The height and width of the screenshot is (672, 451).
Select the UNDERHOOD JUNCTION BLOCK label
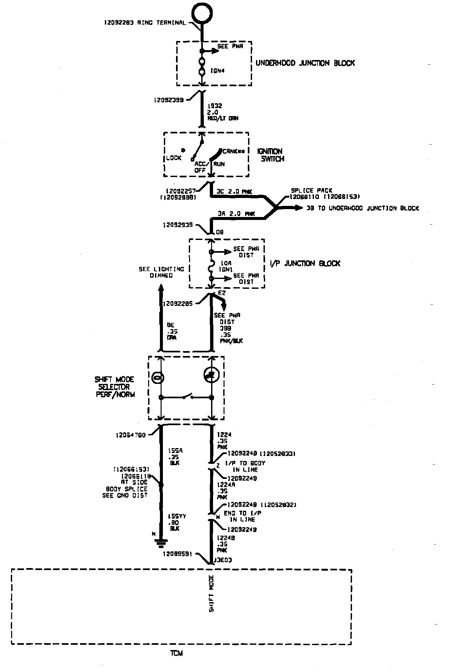(305, 63)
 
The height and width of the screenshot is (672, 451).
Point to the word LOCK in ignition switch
(174, 158)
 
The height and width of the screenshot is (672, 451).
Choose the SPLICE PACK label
(311, 190)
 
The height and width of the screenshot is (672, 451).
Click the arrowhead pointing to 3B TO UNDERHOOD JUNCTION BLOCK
(299, 208)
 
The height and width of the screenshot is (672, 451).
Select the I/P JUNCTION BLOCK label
(305, 263)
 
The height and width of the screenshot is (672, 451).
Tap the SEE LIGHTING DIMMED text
(161, 272)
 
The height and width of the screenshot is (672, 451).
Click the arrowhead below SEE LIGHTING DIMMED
(161, 288)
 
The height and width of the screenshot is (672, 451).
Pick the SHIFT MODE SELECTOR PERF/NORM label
(114, 387)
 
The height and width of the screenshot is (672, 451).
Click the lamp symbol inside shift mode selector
(158, 378)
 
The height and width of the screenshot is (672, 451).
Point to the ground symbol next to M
(161, 544)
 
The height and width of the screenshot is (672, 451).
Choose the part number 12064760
(130, 435)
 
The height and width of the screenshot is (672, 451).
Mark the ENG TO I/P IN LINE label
(242, 516)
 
